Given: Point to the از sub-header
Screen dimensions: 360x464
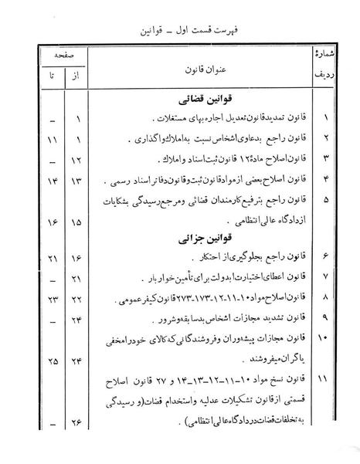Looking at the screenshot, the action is pos(75,78).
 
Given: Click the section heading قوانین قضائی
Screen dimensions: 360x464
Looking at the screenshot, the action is pos(179,101).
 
